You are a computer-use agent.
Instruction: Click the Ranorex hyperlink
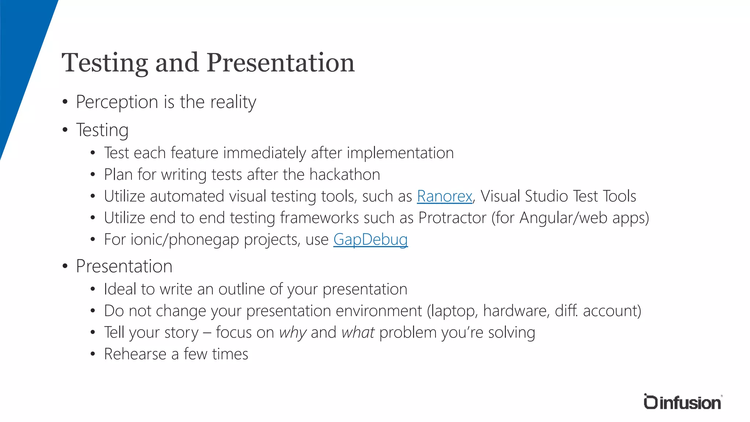point(444,196)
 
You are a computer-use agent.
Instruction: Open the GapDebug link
point(370,240)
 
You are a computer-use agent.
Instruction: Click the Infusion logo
point(682,402)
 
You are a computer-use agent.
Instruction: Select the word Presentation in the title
point(281,62)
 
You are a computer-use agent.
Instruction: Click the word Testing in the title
point(105,63)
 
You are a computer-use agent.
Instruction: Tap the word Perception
point(117,102)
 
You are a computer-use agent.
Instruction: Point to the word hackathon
point(344,174)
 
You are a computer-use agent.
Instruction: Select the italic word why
point(293,333)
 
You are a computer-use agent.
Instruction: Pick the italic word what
point(358,333)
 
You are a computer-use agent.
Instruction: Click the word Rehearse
point(135,354)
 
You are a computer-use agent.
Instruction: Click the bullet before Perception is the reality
point(65,102)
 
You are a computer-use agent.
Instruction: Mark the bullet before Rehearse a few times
point(93,354)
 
